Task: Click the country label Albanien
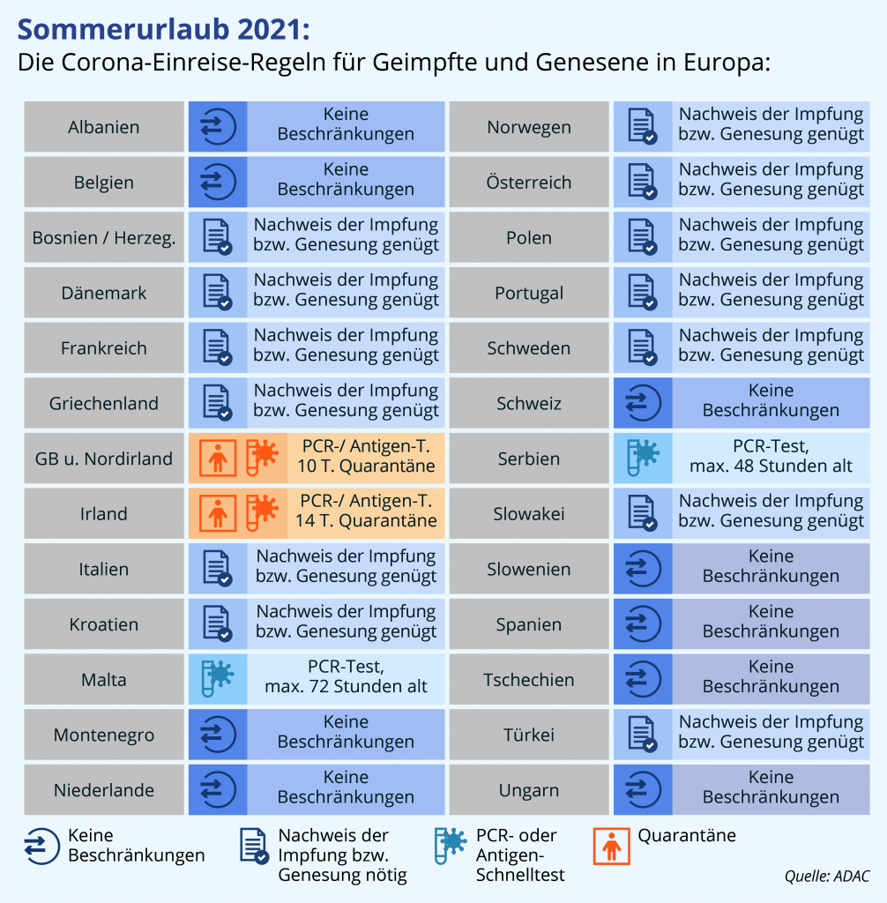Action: point(104,127)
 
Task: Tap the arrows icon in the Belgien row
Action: point(217,183)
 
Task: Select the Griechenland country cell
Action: point(104,404)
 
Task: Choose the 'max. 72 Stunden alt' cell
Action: point(346,679)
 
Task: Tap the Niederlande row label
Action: point(104,790)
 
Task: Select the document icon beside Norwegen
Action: point(643,127)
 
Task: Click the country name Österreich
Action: point(529,183)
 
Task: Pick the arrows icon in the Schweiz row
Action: point(643,404)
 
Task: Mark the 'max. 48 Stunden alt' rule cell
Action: point(771,459)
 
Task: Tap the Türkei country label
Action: point(529,735)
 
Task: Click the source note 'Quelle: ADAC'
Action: point(826,877)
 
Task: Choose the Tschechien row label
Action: point(529,680)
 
